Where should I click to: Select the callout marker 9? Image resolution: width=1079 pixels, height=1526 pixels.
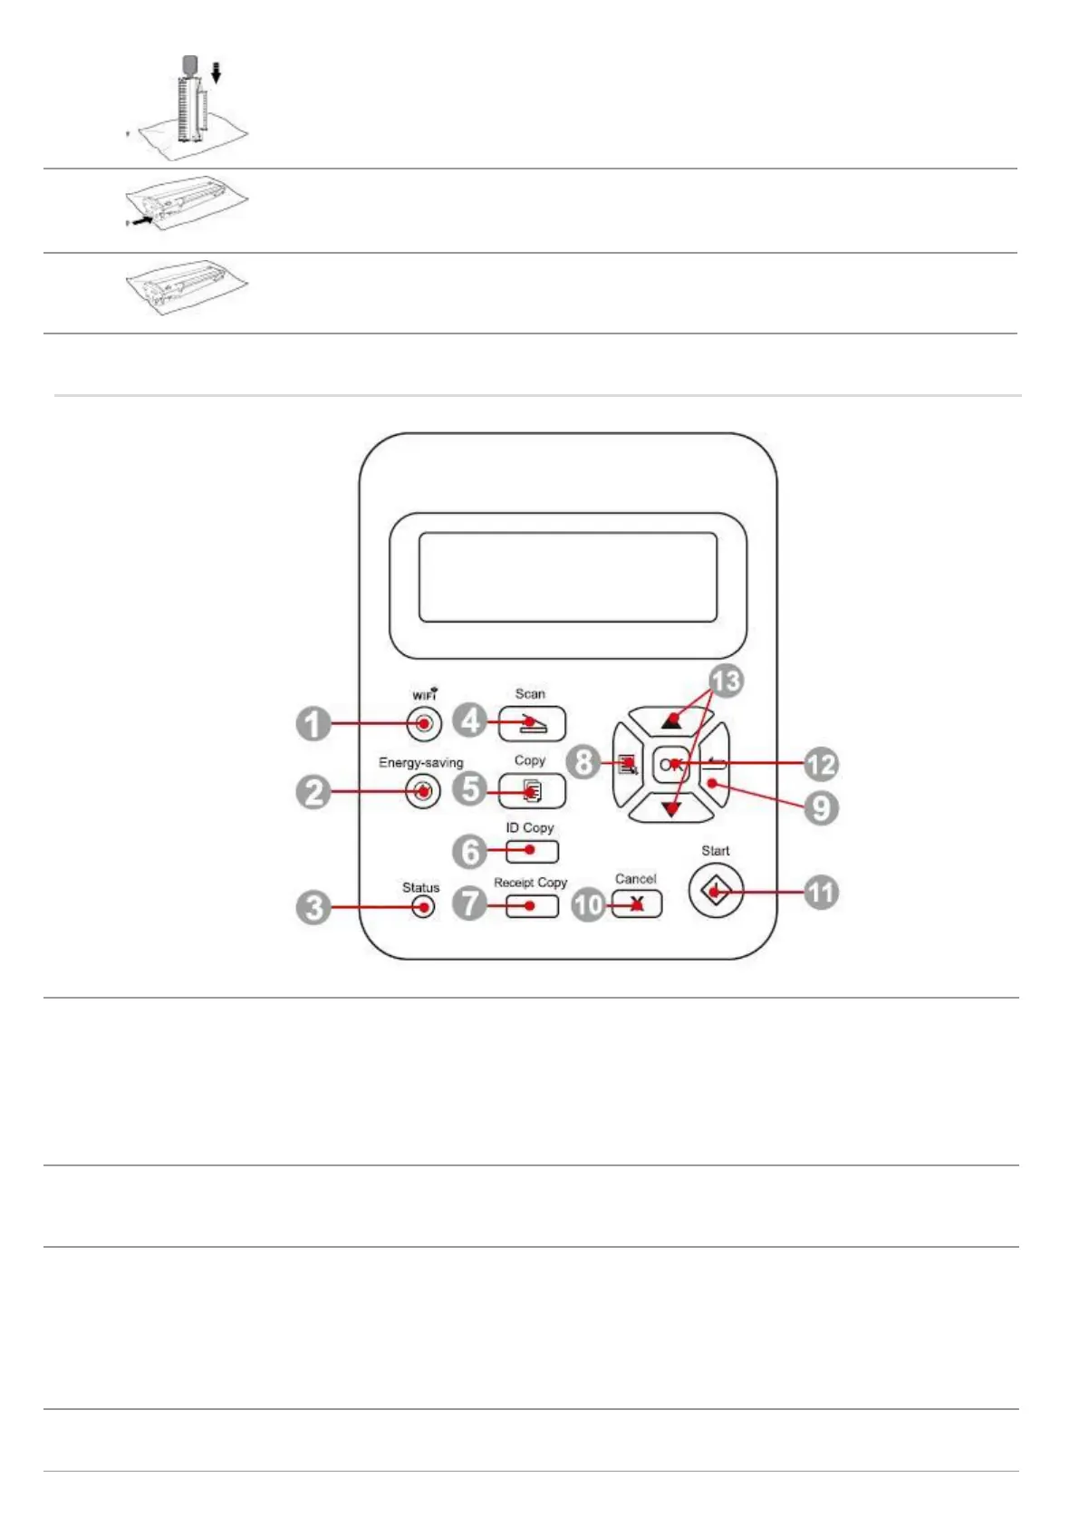pos(821,806)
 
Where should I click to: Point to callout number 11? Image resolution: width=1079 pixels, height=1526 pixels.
pos(821,892)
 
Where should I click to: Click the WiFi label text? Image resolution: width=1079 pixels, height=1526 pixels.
pos(425,695)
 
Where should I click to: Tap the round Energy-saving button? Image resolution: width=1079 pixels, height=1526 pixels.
pos(422,791)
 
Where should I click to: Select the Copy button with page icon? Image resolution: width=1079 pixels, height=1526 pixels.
pos(532,791)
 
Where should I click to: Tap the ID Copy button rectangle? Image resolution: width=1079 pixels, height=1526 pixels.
pos(532,851)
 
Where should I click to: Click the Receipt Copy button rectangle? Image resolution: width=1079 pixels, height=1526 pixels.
pos(532,905)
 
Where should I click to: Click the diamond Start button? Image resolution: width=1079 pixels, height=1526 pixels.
pos(716,892)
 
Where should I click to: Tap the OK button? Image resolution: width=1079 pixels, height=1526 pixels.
pos(670,765)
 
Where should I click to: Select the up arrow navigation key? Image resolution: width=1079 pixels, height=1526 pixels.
pos(670,721)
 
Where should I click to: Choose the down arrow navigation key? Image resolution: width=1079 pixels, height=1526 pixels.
pos(670,808)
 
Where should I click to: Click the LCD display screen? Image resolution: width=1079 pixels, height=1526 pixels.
pos(568,577)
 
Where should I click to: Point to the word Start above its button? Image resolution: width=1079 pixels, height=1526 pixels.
pos(715,851)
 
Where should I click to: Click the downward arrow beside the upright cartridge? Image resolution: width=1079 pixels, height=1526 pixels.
pos(216,72)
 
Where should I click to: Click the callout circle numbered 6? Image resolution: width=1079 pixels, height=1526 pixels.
pos(470,851)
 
